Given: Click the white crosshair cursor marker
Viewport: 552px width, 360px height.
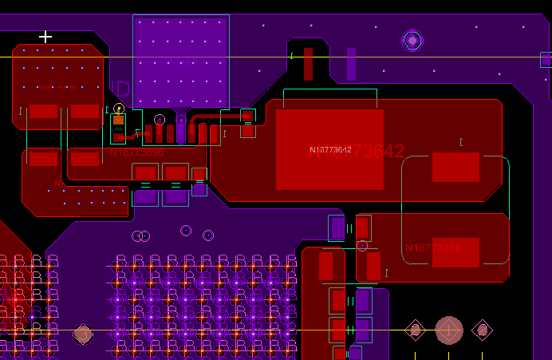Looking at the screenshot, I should click(x=45, y=37).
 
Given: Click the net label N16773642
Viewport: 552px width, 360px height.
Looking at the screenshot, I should click(x=330, y=150).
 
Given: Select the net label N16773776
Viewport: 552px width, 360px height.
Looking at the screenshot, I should click(x=432, y=248).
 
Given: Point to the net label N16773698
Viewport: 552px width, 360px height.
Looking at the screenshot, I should click(x=136, y=152).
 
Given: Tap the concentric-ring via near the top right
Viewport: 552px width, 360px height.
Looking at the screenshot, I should click(x=412, y=40).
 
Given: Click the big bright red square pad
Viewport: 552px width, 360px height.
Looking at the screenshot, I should click(x=329, y=149).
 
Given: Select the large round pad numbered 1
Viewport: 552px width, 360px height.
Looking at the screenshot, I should click(x=448, y=330).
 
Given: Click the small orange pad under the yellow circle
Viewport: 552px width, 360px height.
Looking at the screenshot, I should click(x=119, y=120).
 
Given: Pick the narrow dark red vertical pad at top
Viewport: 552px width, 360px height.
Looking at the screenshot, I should click(x=308, y=64).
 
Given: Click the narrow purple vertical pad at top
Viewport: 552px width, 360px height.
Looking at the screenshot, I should click(x=351, y=64).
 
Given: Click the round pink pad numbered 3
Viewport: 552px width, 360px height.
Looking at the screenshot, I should click(x=83, y=334).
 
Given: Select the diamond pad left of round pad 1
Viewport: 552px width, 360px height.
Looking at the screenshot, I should click(x=415, y=330).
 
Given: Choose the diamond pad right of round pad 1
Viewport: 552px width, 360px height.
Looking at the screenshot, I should click(x=482, y=330).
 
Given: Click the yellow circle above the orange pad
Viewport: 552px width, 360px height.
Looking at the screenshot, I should click(x=119, y=108).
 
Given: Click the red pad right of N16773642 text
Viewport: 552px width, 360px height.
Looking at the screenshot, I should click(x=455, y=167).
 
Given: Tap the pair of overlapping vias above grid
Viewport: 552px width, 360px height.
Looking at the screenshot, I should click(x=140, y=235).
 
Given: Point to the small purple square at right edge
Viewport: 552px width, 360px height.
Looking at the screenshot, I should click(x=546, y=59).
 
